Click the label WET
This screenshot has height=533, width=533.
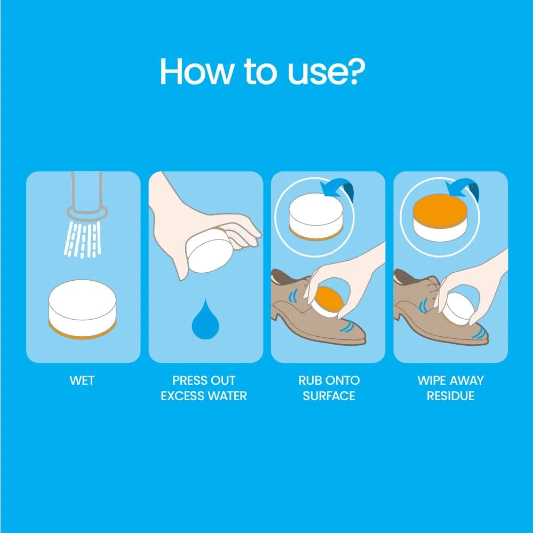pyautogui.click(x=82, y=380)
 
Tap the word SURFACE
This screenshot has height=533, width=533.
pyautogui.click(x=329, y=396)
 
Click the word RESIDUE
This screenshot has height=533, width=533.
pyautogui.click(x=451, y=396)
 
